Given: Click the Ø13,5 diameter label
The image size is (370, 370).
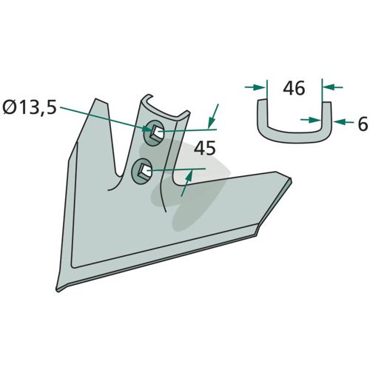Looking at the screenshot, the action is (x=30, y=108).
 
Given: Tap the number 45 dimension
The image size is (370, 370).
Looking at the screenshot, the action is (x=205, y=148).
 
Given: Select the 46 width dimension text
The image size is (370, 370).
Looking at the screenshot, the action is (x=294, y=88).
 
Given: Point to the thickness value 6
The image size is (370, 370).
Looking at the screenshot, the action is (x=363, y=124).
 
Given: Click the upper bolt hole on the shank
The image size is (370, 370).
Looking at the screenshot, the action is (x=154, y=132).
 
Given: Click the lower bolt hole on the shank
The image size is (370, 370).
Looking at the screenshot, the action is (x=141, y=171).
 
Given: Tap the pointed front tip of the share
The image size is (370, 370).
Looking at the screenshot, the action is (x=58, y=290).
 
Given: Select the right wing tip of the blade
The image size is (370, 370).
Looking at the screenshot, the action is (x=290, y=180).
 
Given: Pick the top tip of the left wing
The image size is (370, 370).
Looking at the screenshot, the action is (x=96, y=99).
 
